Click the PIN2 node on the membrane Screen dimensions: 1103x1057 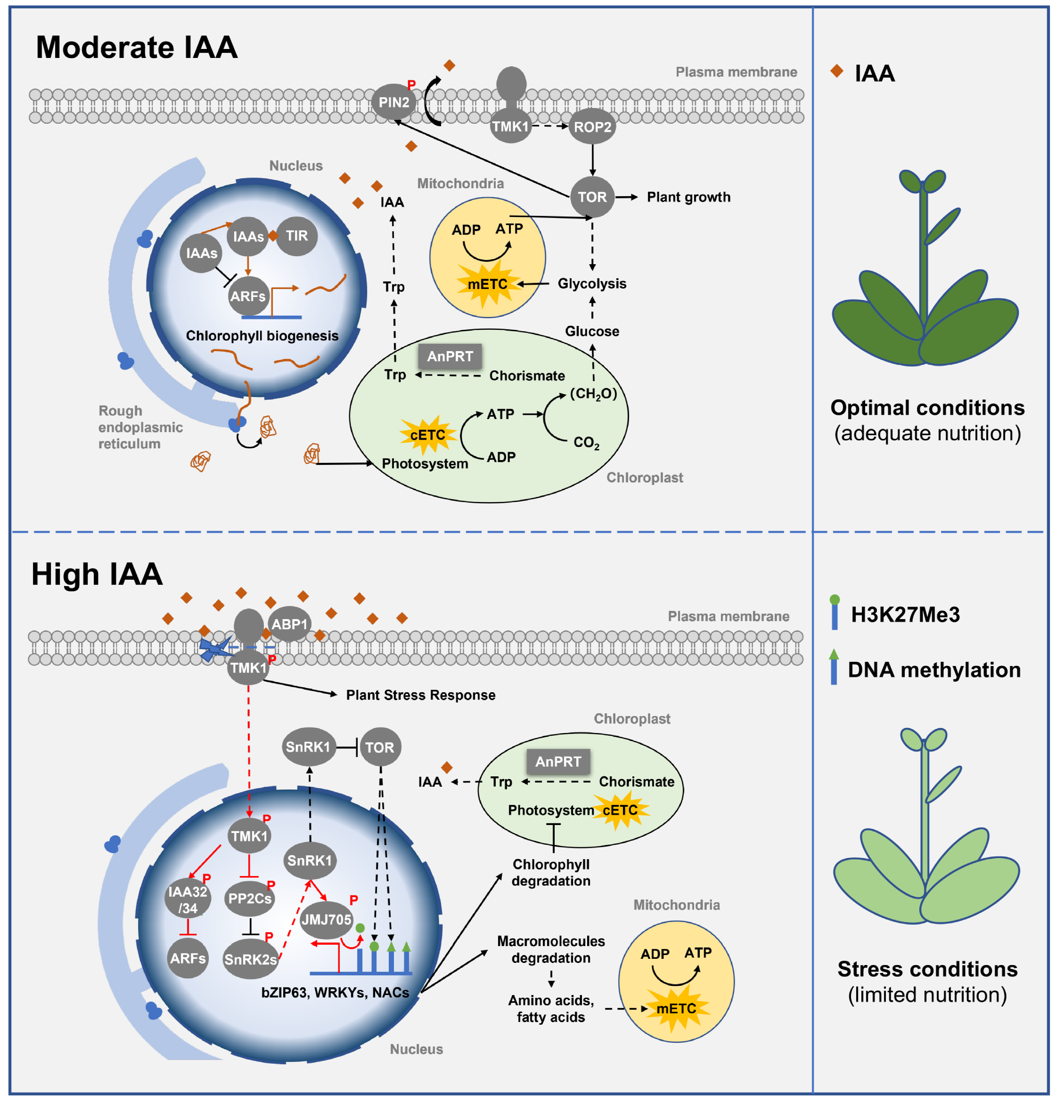(x=393, y=102)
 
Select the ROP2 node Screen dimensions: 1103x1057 (x=592, y=127)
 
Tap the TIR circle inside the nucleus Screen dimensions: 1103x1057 (x=297, y=236)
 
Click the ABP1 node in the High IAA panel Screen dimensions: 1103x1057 (x=289, y=624)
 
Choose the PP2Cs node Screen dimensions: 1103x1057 (x=249, y=898)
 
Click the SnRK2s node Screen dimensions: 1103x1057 (x=250, y=959)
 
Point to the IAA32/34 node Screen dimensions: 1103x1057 (x=187, y=899)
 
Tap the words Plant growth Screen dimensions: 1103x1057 (x=688, y=197)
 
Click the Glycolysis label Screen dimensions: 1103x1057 (x=592, y=284)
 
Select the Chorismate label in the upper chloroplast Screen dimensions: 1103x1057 (x=527, y=375)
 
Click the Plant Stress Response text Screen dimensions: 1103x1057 (x=421, y=695)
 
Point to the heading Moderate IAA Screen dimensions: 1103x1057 (x=137, y=47)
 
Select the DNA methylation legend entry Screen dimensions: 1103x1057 (x=934, y=670)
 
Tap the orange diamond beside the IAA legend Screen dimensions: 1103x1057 (x=837, y=71)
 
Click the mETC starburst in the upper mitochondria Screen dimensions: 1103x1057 (x=487, y=284)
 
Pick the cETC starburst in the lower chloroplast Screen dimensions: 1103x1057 (x=620, y=810)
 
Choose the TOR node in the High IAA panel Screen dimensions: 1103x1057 (x=380, y=747)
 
